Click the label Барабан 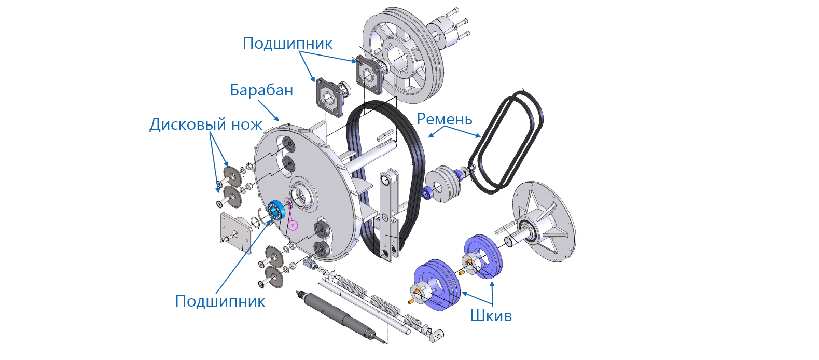(x=261, y=90)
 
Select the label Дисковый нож (x=206, y=124)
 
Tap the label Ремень (x=445, y=119)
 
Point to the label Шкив (x=491, y=316)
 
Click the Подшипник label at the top (x=287, y=44)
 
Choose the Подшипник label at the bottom (x=220, y=301)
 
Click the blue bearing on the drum (x=276, y=211)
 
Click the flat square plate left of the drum (x=236, y=232)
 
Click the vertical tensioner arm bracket (x=389, y=216)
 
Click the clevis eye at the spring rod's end (x=438, y=334)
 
